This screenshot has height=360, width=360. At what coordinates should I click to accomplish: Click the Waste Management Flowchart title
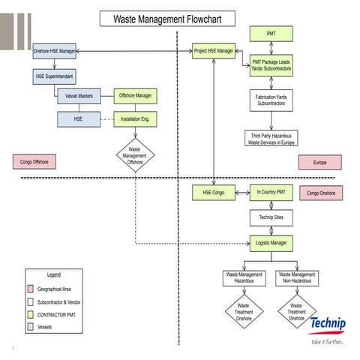166,19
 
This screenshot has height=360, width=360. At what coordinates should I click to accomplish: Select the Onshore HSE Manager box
55,51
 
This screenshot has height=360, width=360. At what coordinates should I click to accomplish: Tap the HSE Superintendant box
55,76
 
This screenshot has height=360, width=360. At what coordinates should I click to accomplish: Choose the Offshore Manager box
135,96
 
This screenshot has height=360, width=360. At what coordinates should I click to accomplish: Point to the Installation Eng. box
135,118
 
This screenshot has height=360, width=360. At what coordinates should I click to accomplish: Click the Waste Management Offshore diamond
135,154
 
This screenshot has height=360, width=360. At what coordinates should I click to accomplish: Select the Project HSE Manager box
214,51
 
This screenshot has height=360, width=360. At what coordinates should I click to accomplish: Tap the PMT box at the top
271,34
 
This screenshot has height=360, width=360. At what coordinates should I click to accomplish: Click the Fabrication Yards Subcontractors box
271,100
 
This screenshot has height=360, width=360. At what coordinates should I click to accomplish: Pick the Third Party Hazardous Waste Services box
271,139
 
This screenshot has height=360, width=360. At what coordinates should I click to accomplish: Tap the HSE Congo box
213,193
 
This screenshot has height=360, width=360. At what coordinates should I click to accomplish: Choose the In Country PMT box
271,193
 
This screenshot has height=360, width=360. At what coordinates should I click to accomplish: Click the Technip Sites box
271,217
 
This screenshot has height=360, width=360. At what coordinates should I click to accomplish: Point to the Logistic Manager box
271,244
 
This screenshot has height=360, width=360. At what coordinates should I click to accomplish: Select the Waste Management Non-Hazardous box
296,278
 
